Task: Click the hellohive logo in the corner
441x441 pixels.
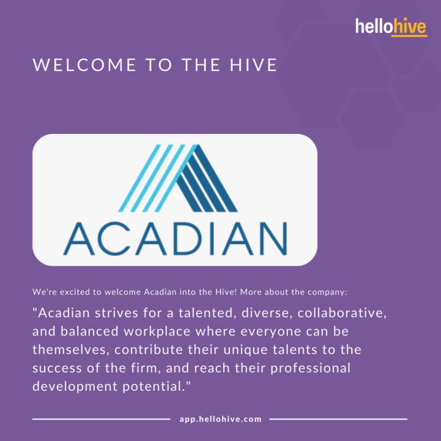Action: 391,27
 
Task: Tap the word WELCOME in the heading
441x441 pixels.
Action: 85,65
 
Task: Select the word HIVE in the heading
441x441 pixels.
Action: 254,65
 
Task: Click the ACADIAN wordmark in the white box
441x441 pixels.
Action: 175,239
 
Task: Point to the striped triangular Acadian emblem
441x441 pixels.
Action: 178,178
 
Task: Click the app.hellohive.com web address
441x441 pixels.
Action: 220,419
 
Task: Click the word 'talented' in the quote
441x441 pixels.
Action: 208,313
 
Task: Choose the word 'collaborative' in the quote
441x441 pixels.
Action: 340,313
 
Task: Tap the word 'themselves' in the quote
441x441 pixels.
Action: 69,349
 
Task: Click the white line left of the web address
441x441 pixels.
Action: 101,419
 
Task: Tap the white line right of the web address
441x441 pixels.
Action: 338,419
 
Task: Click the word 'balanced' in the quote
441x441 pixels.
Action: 89,331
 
